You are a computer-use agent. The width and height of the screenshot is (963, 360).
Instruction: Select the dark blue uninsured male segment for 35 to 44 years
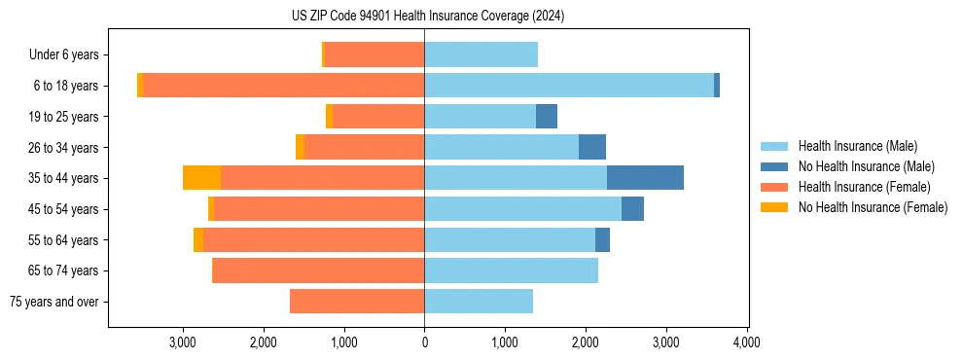click(645, 178)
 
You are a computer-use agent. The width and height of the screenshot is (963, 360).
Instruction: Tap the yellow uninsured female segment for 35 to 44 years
click(201, 178)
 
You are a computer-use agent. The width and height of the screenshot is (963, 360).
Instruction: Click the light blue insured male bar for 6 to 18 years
click(569, 86)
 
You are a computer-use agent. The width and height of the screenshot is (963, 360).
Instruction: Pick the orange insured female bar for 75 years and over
click(357, 302)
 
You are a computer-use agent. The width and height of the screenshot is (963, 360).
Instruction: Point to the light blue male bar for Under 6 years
click(481, 54)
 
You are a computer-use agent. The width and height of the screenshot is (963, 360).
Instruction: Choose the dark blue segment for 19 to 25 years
click(547, 117)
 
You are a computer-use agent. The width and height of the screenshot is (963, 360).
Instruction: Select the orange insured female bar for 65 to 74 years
click(318, 270)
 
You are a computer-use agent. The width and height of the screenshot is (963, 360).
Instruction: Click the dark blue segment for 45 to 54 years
click(632, 209)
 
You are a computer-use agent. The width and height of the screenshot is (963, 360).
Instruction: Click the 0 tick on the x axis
click(424, 342)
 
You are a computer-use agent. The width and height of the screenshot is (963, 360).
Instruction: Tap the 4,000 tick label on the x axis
click(746, 342)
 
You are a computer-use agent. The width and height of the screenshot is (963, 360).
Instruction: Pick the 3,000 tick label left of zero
click(183, 342)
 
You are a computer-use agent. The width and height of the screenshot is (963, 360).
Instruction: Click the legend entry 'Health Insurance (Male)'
click(857, 146)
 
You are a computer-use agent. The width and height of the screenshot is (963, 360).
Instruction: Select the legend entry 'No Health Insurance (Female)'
click(873, 207)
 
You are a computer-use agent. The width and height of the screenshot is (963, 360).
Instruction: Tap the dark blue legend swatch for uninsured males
click(775, 166)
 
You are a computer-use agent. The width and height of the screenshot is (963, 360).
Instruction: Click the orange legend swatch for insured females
click(775, 187)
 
